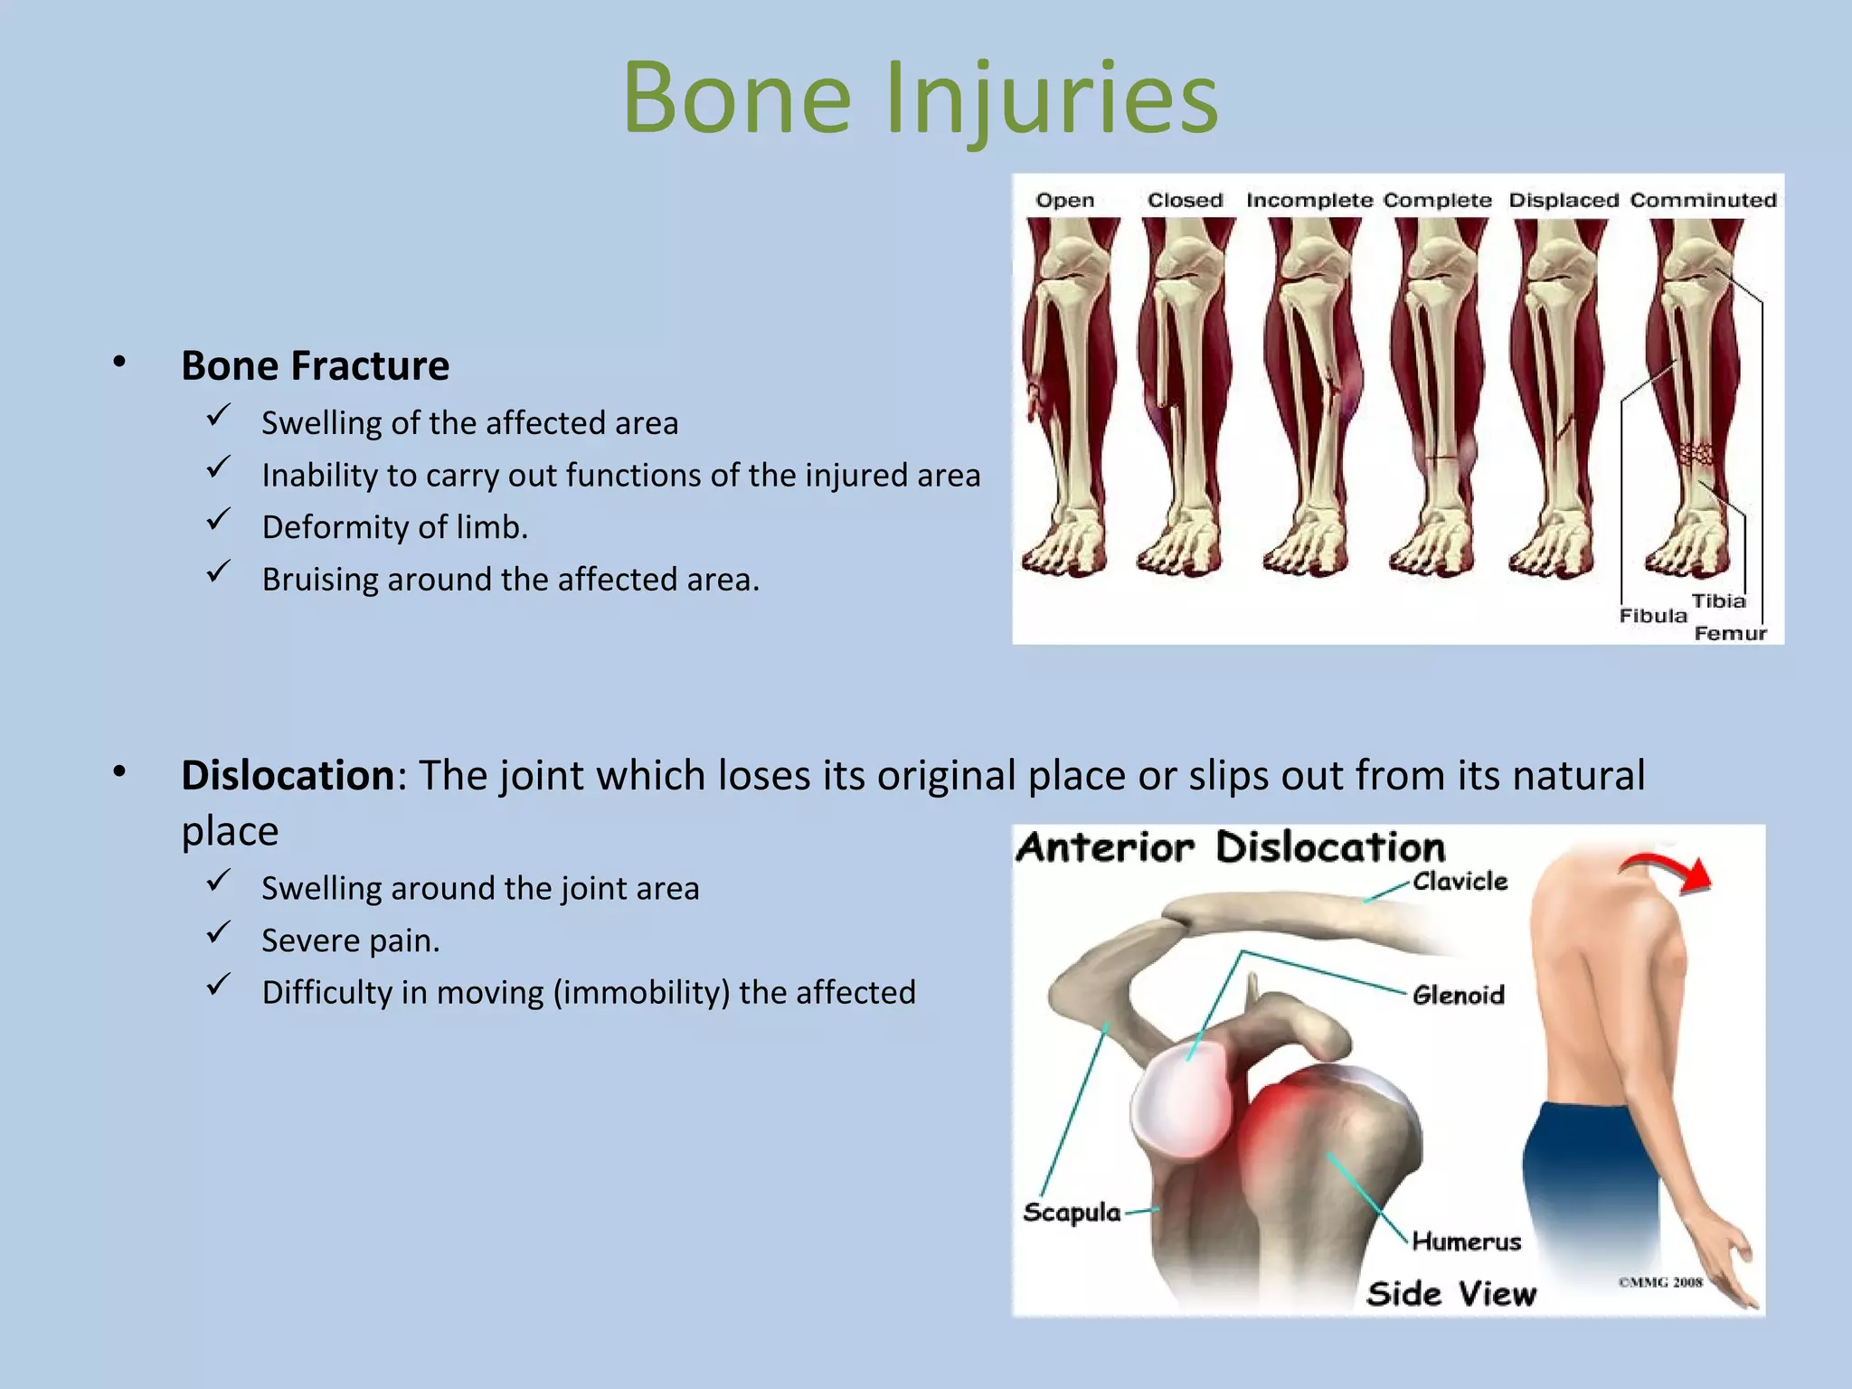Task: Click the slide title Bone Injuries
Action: [x=920, y=98]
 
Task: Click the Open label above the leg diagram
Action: [x=1064, y=201]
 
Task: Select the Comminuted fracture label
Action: [x=1703, y=201]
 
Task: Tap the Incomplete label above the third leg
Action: [x=1309, y=201]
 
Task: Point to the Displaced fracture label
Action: [x=1563, y=201]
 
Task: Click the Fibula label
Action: [x=1652, y=616]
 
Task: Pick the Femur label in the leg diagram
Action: [x=1729, y=634]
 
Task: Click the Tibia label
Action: [x=1718, y=601]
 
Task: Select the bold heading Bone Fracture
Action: [x=315, y=366]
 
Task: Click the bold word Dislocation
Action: [x=288, y=776]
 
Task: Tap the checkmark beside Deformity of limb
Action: [x=218, y=521]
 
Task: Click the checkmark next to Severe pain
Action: [x=218, y=933]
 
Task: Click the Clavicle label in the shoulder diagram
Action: [x=1460, y=882]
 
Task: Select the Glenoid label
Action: [x=1458, y=996]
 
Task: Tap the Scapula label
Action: [x=1072, y=1213]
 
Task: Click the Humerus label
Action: [x=1466, y=1242]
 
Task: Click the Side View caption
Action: [x=1450, y=1294]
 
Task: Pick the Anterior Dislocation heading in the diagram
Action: [x=1230, y=848]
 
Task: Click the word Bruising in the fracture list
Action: [x=320, y=580]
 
